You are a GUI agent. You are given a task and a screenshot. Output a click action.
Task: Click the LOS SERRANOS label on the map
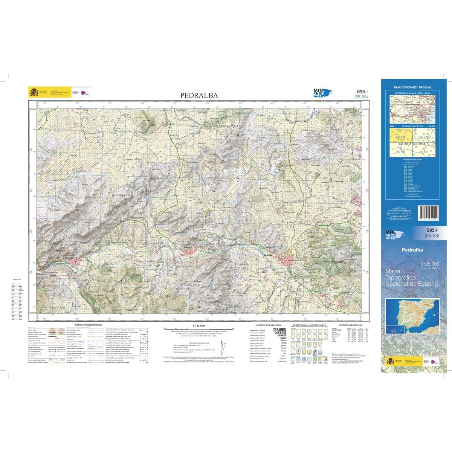[x=121, y=196]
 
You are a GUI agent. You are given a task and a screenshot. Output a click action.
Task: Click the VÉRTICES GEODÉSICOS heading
[x=350, y=325]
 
